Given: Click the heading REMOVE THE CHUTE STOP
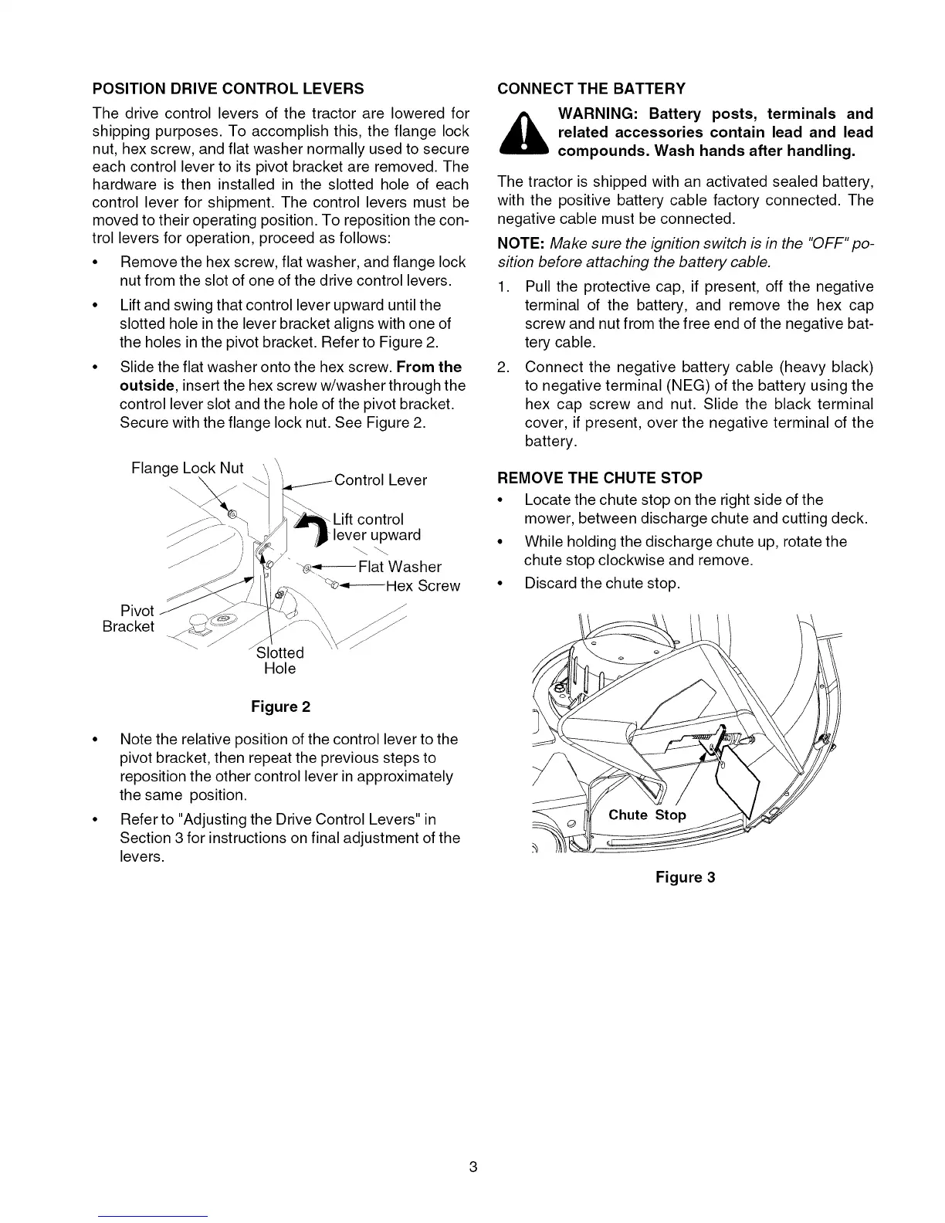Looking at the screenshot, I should (589, 478).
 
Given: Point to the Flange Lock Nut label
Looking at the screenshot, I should (188, 468).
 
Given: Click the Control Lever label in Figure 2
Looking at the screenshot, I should (380, 480).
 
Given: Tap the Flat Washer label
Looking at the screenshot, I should (400, 567).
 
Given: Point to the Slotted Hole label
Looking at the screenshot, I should (279, 661).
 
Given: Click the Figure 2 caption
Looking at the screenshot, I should (280, 707).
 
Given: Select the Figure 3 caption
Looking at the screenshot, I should (686, 877).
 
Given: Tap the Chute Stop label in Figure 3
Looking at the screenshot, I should (647, 815).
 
